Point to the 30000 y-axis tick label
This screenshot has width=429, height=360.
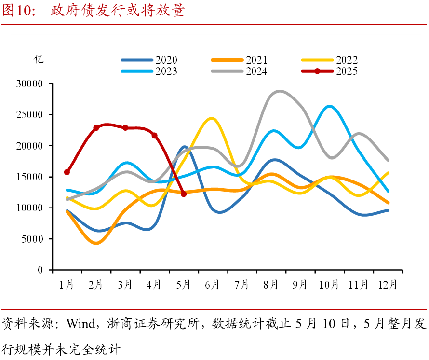pyautogui.click(x=29, y=84)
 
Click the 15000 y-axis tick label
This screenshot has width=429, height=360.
pyautogui.click(x=29, y=177)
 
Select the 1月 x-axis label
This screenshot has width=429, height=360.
pyautogui.click(x=67, y=285)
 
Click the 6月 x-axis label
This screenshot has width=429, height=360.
pyautogui.click(x=213, y=285)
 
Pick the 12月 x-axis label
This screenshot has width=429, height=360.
pyautogui.click(x=387, y=285)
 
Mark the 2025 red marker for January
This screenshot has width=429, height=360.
pyautogui.click(x=67, y=172)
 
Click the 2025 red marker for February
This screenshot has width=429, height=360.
pyautogui.click(x=96, y=128)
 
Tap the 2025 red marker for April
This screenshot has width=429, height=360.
pyautogui.click(x=154, y=136)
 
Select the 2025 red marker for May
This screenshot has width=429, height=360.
pyautogui.click(x=184, y=194)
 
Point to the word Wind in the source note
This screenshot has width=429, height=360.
pyautogui.click(x=80, y=323)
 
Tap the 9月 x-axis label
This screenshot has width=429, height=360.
pyautogui.click(x=300, y=285)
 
